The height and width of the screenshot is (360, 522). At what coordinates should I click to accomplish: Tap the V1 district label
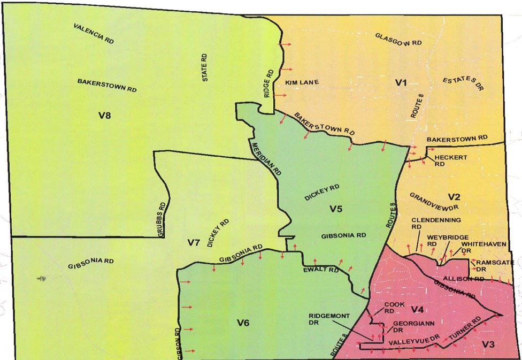tap(401, 82)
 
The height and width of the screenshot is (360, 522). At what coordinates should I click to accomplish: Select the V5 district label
tap(335, 209)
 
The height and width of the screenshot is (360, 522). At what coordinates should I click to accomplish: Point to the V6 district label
tap(244, 322)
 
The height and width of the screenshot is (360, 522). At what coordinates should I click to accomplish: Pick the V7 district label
tap(194, 243)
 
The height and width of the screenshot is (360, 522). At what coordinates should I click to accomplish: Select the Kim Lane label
tap(302, 83)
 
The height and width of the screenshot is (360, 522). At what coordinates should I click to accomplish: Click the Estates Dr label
tap(463, 83)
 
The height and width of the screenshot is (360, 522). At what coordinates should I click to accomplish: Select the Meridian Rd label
tap(265, 158)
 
